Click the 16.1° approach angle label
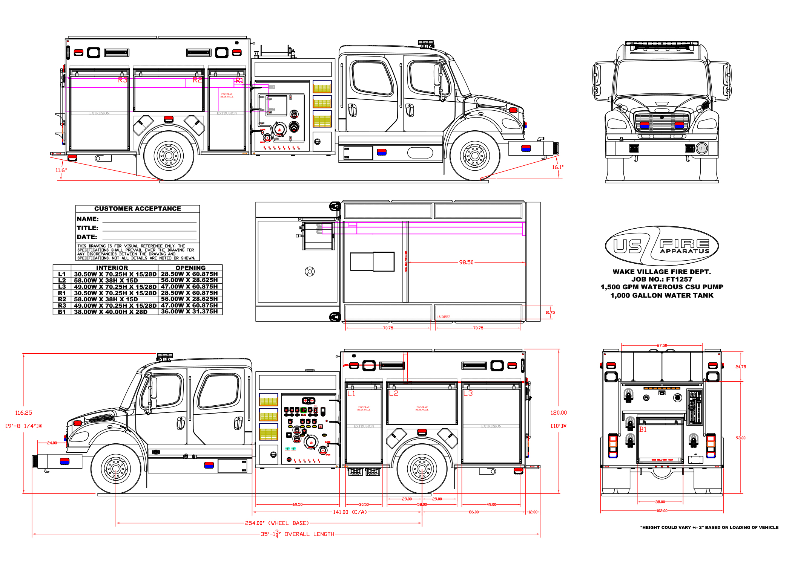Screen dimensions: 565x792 pos(557,167)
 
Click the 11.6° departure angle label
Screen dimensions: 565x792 pos(61,170)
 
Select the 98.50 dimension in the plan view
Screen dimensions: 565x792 pos(466,262)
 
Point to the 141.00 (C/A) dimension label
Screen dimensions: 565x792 pos(350,512)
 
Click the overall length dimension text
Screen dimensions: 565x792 pos(298,534)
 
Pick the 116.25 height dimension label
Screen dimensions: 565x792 pos(24,413)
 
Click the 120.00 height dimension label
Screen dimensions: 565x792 pos(559,413)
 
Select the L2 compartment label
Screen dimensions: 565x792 pos(394,393)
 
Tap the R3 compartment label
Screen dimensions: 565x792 pos(123,80)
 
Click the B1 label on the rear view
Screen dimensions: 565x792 pos(643,429)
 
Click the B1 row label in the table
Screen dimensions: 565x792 pos(62,312)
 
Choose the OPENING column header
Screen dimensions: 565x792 pos(190,268)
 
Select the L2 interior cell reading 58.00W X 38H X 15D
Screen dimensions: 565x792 pos(106,280)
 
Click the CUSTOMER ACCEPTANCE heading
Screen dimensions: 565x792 pos(138,209)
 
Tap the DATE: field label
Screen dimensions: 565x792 pos(87,237)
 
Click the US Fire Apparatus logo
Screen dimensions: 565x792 pos(662,246)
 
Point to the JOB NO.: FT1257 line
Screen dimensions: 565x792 pos(662,279)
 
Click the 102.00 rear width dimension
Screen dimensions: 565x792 pos(662,511)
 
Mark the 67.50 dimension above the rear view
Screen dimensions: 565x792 pos(662,345)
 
